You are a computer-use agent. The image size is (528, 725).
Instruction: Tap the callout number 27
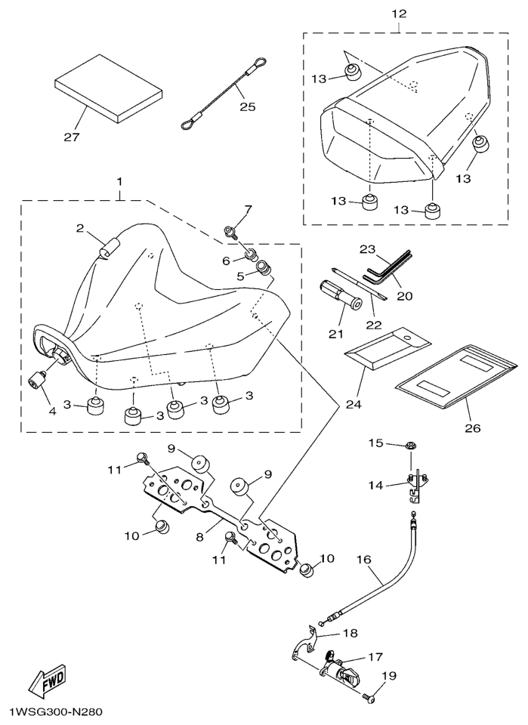tap(73, 137)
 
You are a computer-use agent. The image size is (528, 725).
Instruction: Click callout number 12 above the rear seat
tap(399, 14)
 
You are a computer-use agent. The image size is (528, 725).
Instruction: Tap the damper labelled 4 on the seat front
tap(39, 378)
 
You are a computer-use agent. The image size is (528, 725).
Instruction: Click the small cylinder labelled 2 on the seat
tap(110, 248)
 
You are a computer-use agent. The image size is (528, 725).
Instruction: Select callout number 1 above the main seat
tap(119, 183)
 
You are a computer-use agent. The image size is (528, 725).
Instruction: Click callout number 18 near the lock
tap(350, 633)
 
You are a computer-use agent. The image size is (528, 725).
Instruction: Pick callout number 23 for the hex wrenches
tap(367, 248)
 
